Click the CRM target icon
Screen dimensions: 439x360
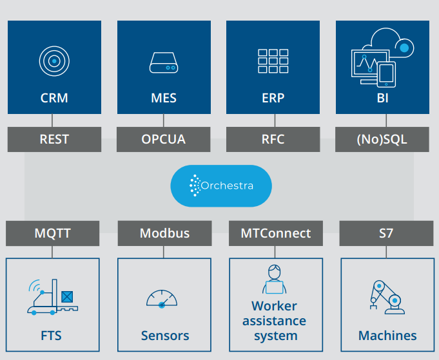coord(54,61)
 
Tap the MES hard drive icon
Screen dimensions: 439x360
coord(164,62)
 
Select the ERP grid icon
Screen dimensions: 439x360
coord(273,61)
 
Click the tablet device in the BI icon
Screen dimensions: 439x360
coord(386,75)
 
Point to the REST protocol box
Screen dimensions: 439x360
coord(54,139)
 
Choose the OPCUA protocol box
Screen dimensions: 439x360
coord(164,139)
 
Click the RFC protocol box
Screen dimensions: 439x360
coord(273,139)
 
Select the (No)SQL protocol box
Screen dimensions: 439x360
coord(382,139)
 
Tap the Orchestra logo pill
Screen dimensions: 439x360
coord(221,185)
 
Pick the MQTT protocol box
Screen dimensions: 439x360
coord(53,233)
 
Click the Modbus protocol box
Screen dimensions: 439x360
coord(164,233)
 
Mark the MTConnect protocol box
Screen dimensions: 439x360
coord(276,233)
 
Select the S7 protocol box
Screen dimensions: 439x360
coord(386,233)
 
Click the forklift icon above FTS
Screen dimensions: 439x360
coord(53,297)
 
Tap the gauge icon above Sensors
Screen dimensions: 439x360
coord(162,299)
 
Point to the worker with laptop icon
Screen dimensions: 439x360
coord(275,279)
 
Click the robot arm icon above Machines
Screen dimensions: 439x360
coord(387,298)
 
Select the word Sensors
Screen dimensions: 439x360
coord(165,336)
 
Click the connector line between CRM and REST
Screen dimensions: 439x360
coord(52,120)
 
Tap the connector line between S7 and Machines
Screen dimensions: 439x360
coord(386,252)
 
